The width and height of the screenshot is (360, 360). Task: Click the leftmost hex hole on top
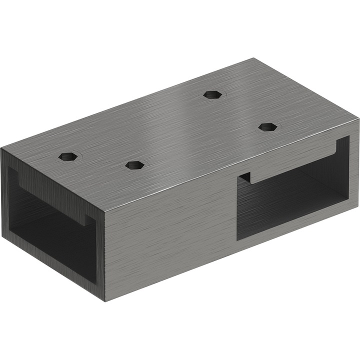(x=69, y=156)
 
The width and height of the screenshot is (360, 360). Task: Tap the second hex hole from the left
(x=135, y=165)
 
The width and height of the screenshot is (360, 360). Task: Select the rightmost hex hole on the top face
(x=268, y=126)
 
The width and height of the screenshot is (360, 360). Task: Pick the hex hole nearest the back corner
(x=213, y=94)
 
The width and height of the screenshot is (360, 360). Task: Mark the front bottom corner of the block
(x=105, y=300)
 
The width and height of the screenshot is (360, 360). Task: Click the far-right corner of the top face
(x=358, y=119)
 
